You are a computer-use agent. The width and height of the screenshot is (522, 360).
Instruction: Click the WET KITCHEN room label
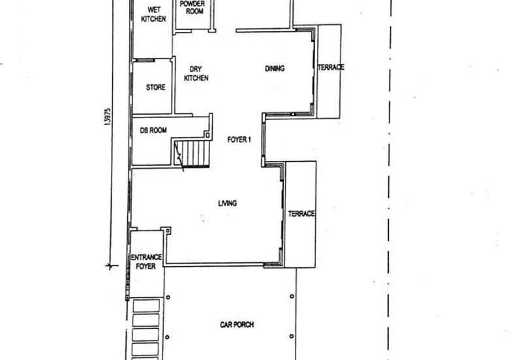tap(153, 14)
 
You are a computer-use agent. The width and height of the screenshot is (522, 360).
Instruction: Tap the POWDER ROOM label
tap(192, 7)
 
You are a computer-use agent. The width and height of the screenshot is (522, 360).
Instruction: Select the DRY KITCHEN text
tap(196, 74)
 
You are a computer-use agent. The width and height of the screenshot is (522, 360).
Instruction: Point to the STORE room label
tap(155, 87)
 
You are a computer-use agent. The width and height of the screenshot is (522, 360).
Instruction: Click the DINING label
tap(275, 68)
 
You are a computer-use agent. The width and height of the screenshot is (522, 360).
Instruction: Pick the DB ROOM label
tap(153, 130)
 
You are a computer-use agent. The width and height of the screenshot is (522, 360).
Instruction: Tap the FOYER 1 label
tap(239, 140)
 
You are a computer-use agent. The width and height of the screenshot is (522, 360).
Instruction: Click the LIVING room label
tap(227, 203)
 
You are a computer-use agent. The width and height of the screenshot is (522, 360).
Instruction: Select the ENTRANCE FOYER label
tap(146, 262)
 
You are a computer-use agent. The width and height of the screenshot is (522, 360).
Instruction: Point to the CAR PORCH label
tap(237, 324)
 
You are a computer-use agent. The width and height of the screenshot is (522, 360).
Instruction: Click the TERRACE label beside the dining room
tap(331, 67)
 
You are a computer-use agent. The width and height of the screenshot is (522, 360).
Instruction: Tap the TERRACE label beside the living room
tap(301, 214)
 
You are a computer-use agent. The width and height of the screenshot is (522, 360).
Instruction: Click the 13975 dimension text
tap(108, 117)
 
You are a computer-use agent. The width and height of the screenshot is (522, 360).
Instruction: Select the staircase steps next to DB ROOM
tap(192, 153)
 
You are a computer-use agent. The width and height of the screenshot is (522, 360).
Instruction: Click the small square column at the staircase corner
tap(207, 135)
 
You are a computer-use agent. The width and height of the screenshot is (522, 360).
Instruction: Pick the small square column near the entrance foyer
tap(168, 230)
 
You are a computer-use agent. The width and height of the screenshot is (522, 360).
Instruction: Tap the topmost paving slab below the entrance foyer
tap(146, 306)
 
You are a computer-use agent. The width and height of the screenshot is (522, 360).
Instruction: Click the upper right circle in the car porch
tap(292, 296)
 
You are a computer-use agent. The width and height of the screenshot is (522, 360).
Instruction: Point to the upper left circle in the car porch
tap(168, 297)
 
